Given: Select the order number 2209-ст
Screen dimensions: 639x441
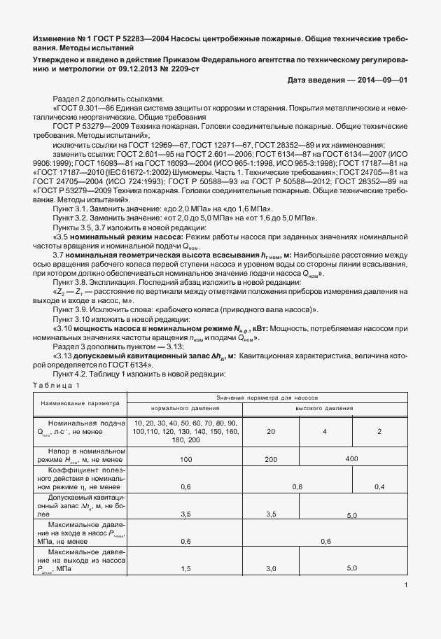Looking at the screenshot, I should (193, 70).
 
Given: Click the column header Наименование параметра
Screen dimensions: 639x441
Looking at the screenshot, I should (80, 403).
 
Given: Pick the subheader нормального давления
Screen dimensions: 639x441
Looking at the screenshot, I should (185, 408).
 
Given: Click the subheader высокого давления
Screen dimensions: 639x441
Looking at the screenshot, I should (324, 408).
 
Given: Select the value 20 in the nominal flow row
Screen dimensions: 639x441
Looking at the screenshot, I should (269, 431).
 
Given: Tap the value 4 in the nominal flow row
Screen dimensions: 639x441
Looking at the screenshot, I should (325, 431).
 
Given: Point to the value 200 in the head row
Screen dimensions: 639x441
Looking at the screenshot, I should (269, 459).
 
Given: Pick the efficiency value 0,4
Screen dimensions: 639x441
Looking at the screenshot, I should (379, 486).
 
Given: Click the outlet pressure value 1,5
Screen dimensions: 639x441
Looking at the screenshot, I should (185, 568).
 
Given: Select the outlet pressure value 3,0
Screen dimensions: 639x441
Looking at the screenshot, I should (269, 568).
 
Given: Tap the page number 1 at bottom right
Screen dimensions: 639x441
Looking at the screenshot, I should (406, 587).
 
